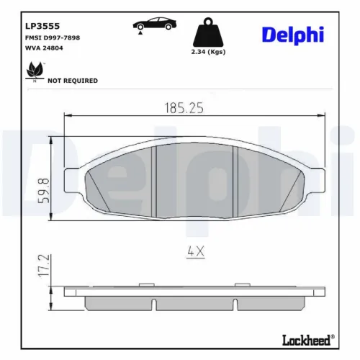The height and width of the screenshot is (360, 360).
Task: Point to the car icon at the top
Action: pyautogui.click(x=155, y=26)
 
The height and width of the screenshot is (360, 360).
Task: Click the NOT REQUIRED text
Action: pyautogui.click(x=72, y=81)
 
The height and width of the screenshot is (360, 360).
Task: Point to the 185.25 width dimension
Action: pyautogui.click(x=179, y=108)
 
